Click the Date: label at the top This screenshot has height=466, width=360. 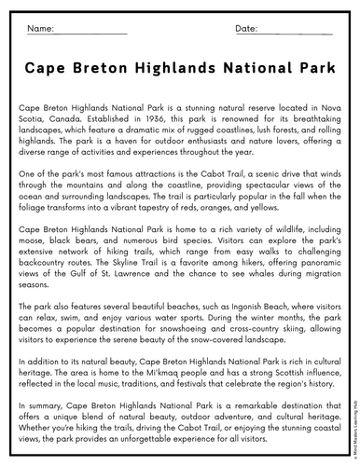point(246,29)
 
